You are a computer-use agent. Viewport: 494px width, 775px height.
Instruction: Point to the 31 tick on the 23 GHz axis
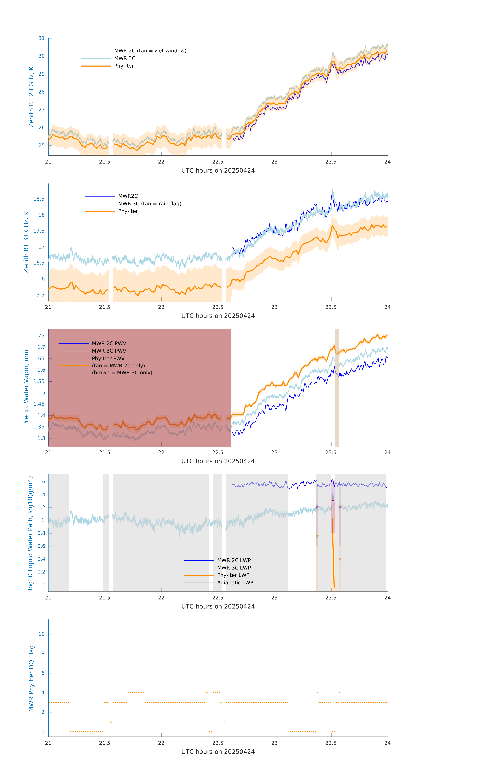point(41,38)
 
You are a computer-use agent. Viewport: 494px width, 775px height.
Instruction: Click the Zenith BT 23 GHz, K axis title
point(31,97)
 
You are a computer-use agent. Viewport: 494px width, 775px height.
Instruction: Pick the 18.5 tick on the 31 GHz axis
point(39,199)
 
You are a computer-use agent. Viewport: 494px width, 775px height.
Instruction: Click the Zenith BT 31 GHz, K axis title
point(26,242)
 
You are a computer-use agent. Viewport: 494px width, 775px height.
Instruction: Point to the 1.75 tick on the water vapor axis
point(39,336)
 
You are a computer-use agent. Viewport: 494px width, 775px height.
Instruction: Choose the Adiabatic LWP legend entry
point(235,583)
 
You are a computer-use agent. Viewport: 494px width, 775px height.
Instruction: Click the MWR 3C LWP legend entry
point(234,568)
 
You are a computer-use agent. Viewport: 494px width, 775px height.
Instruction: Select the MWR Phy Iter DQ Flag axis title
point(31,678)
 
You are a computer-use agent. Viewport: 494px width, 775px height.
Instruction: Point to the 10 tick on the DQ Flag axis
point(41,634)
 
